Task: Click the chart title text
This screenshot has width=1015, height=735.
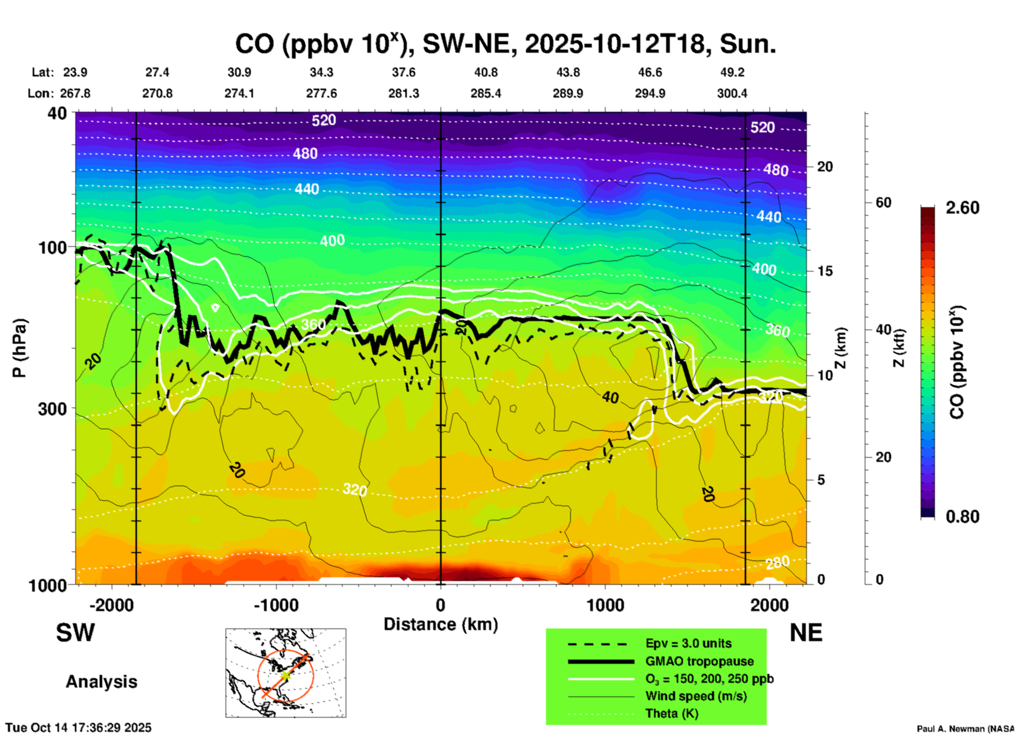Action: [x=505, y=44]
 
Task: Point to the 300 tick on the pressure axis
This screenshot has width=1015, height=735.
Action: [x=52, y=409]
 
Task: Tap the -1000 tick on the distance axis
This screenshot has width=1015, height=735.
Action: [x=276, y=605]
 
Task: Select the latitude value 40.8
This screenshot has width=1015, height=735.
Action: [x=485, y=72]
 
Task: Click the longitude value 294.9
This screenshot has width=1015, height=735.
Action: [x=649, y=93]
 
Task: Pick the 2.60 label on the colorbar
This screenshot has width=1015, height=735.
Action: [x=962, y=208]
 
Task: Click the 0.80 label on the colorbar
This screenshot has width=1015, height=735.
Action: [x=962, y=517]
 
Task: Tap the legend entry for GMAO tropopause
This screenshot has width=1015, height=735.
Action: [x=699, y=661]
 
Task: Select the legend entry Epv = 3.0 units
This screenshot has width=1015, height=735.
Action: [x=688, y=643]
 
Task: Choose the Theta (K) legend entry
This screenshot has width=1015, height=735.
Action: [x=671, y=713]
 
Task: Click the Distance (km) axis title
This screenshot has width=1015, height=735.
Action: [x=441, y=624]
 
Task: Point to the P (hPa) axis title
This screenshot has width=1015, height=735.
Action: [x=19, y=348]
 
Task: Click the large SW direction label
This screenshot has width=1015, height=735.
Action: [x=75, y=633]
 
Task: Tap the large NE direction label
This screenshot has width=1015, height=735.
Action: [x=805, y=633]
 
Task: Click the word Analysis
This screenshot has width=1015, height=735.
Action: [x=101, y=682]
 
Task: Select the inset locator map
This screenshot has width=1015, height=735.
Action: [x=286, y=673]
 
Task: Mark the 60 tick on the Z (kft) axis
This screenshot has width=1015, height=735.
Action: [x=883, y=202]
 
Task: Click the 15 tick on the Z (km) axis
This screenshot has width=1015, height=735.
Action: [x=825, y=271]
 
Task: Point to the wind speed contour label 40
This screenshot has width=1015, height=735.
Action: [x=610, y=398]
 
